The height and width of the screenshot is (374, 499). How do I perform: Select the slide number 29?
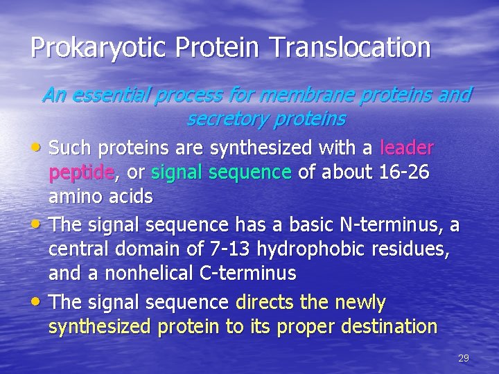pos(464,358)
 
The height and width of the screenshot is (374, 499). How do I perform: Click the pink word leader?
pos(408,148)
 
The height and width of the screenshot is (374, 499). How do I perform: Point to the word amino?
pos(78,197)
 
